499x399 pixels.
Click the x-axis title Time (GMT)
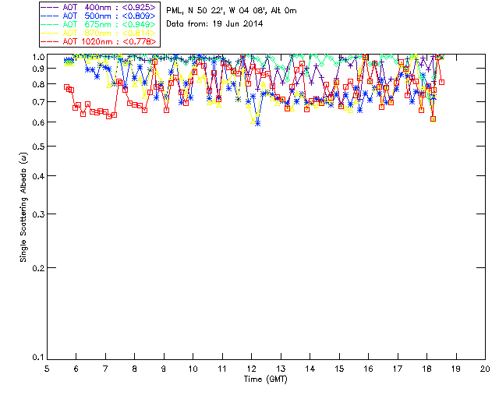(x=266, y=379)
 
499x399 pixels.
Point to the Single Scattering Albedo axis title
(x=24, y=207)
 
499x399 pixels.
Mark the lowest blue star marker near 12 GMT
(x=257, y=122)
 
